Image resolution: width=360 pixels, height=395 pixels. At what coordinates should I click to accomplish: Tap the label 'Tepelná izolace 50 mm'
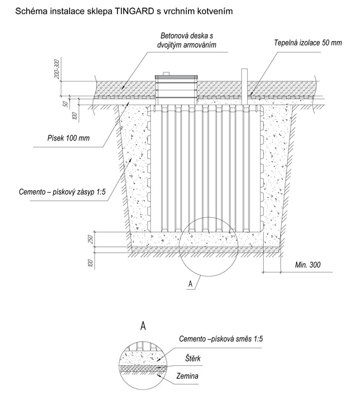click(308, 42)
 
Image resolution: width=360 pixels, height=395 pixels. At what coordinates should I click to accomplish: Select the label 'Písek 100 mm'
click(69, 138)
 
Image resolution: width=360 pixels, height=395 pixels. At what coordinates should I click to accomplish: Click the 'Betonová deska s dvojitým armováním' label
click(187, 40)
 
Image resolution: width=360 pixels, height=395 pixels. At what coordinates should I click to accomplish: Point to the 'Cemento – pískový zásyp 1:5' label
click(62, 192)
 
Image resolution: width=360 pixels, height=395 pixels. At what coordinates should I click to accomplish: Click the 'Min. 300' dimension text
click(308, 265)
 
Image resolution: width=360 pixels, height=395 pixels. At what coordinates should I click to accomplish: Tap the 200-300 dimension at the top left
click(57, 69)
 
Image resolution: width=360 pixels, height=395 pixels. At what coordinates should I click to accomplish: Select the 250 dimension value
click(91, 239)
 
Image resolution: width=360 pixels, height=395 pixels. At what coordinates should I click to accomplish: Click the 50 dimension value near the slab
click(66, 104)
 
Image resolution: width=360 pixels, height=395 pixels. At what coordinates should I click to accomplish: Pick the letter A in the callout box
click(190, 284)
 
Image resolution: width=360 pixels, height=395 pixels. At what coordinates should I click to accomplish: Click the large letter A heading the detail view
click(143, 326)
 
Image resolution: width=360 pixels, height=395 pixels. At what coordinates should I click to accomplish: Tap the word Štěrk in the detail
click(193, 358)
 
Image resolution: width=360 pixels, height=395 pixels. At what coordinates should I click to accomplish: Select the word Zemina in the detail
click(187, 376)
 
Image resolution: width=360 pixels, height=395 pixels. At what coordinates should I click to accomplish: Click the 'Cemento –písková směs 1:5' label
click(220, 339)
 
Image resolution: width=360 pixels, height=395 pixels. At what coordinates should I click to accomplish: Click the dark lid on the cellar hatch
click(176, 77)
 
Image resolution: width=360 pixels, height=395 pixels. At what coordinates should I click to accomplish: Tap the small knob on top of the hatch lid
click(166, 73)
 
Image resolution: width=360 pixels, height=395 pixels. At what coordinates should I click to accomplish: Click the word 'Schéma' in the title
click(27, 11)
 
